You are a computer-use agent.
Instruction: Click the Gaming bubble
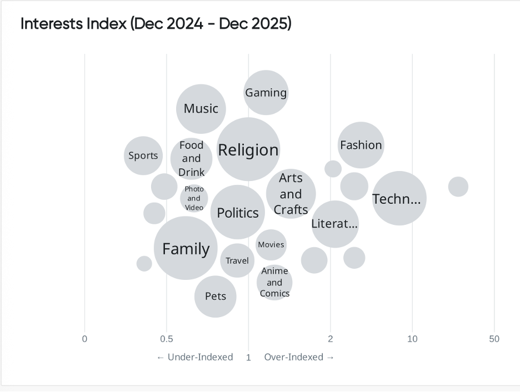266,93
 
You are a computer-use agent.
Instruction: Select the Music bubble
201,109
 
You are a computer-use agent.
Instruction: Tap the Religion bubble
248,150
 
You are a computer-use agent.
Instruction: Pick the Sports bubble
143,155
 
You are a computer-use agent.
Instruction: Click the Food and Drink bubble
191,159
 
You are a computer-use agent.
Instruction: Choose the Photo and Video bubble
194,198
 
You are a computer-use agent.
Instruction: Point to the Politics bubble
238,213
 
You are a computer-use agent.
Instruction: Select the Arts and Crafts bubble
291,194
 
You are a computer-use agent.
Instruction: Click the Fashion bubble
361,145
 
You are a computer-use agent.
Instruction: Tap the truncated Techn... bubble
399,199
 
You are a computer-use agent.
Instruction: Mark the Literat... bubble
334,224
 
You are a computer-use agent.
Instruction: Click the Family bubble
186,248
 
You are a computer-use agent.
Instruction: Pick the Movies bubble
271,244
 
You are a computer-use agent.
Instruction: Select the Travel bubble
237,260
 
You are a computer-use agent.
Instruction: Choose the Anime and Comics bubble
274,282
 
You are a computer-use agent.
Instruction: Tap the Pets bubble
216,296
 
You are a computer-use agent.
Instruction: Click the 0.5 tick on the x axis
167,339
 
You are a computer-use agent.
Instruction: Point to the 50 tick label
494,339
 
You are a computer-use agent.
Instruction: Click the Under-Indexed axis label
195,357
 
